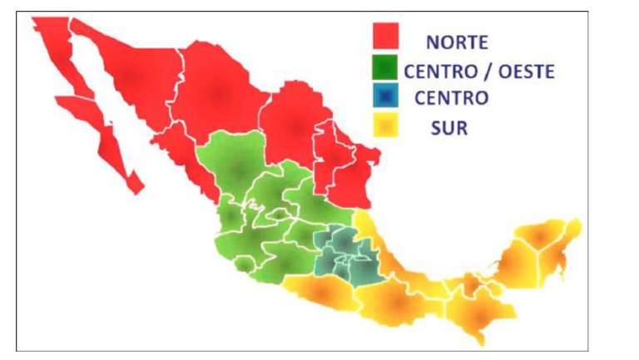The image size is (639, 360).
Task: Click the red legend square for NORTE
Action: coord(385,37)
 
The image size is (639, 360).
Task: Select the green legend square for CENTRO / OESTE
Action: coord(385,69)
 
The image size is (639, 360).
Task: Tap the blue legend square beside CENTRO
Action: coord(385,97)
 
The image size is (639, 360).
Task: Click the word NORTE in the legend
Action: coord(457,42)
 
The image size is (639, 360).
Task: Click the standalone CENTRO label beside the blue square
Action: coord(451,98)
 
